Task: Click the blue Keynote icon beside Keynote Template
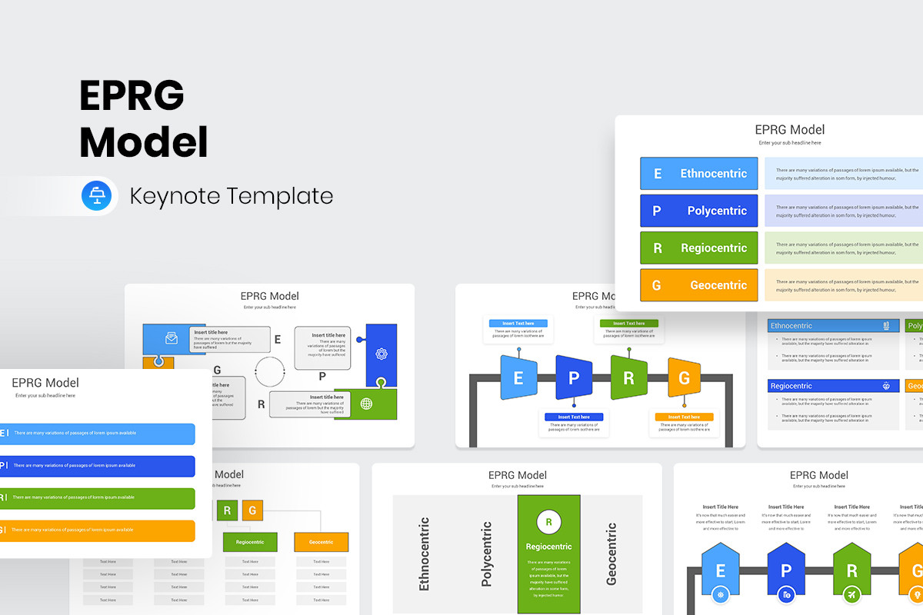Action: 97,196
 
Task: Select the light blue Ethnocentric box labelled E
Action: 698,174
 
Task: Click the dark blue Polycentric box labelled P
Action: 698,211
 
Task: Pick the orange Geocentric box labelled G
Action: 698,285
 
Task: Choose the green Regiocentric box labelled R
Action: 698,248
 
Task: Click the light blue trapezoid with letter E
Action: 518,377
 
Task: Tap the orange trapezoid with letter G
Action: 684,377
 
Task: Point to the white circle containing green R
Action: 548,523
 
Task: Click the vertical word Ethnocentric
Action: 424,553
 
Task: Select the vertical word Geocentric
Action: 611,553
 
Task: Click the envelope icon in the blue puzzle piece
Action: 172,338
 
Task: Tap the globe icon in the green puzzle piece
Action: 366,404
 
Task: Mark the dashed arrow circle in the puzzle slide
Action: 270,371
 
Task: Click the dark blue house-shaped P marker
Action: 785,570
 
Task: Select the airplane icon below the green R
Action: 851,594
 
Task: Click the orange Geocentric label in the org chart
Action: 321,542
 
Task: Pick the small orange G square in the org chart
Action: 252,510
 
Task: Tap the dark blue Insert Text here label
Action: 574,417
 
